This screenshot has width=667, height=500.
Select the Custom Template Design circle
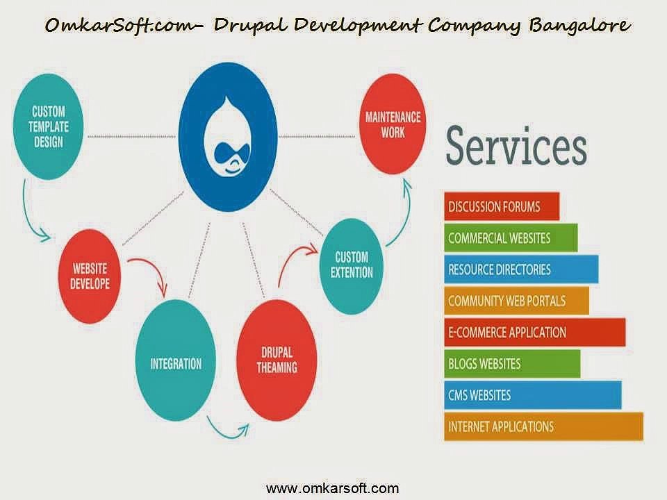(x=48, y=128)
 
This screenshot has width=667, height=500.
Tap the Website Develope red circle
(x=90, y=275)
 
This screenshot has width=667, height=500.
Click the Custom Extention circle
(x=354, y=265)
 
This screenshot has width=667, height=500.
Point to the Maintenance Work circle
(x=393, y=124)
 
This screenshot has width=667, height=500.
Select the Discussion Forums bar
(x=502, y=206)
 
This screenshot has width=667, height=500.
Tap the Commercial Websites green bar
(x=510, y=237)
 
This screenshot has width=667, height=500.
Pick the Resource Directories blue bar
(x=520, y=269)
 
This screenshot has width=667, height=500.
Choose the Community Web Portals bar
(x=516, y=301)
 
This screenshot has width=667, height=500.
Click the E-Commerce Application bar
(x=534, y=332)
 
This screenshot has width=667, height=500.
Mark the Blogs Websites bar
(x=511, y=363)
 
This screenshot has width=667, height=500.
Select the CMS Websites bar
(x=532, y=395)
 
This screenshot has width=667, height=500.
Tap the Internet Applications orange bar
(x=543, y=426)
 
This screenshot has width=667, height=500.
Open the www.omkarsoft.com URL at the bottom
(x=333, y=487)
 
